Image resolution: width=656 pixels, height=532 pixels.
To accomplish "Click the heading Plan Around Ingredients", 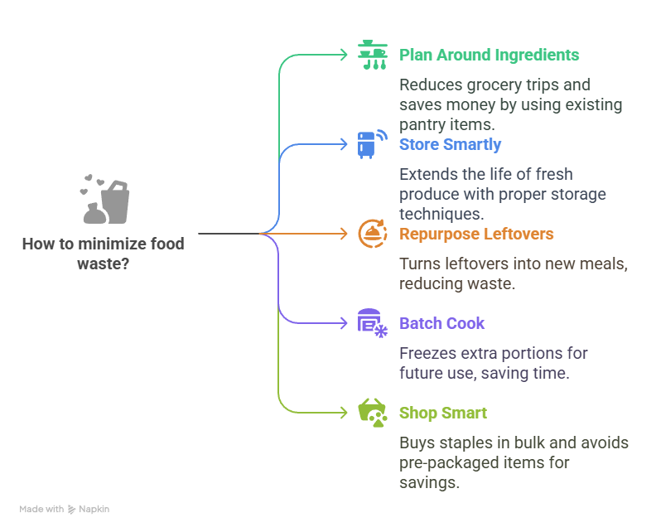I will point(489,56).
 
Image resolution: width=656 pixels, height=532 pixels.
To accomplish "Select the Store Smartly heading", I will point(450,145).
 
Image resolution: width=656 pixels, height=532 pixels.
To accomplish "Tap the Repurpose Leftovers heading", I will point(475,235).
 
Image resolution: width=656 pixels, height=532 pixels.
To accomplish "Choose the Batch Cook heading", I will point(441,324).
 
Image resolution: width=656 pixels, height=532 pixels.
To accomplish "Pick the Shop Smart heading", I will point(442,414).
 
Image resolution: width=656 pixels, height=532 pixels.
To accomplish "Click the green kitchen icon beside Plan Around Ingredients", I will point(372,55).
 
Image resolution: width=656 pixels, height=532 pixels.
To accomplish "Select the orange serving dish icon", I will point(372,234).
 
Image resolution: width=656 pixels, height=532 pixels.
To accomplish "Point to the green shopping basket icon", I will point(372,413).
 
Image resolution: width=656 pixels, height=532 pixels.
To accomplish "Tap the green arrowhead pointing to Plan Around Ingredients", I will point(345,55).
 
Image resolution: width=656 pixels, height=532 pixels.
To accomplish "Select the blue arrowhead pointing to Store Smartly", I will point(345,144).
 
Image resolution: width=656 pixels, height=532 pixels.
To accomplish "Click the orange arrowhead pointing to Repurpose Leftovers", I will point(345,234).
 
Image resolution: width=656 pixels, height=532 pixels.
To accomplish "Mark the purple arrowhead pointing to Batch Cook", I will point(345,323).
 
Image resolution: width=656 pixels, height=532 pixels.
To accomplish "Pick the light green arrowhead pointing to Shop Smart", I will point(345,413).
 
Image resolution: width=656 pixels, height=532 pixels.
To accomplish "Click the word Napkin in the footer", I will point(94,510).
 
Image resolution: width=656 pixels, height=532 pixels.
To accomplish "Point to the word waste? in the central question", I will point(103,264).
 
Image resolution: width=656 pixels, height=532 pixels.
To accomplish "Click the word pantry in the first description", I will point(424,123).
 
